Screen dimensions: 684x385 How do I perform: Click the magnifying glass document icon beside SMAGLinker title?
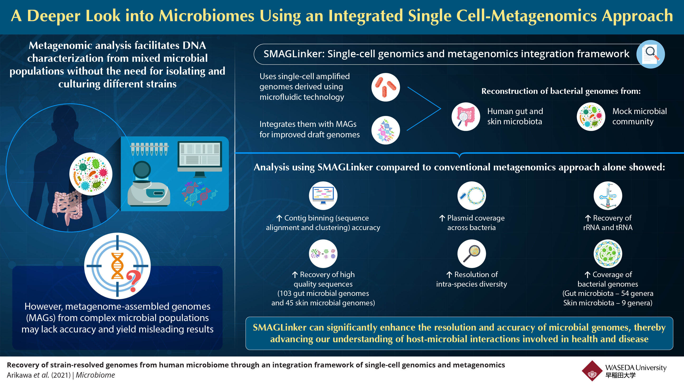tap(651, 54)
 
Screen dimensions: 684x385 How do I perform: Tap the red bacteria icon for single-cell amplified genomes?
tap(385, 87)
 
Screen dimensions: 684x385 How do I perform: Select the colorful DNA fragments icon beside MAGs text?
tap(385, 130)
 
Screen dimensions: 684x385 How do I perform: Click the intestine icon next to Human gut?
tap(466, 117)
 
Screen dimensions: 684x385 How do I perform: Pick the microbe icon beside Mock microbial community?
tap(591, 117)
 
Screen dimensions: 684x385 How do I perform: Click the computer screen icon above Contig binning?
tap(323, 196)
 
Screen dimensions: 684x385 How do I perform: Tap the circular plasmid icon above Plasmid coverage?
tap(472, 196)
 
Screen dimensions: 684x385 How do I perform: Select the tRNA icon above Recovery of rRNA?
tap(608, 196)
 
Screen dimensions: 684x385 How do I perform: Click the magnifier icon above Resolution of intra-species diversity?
tap(472, 254)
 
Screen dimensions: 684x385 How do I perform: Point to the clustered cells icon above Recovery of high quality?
tap(323, 254)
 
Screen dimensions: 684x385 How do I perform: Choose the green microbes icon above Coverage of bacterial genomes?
tap(608, 254)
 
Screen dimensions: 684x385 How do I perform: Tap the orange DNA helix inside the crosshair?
tap(117, 266)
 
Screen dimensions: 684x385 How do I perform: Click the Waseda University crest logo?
tap(592, 371)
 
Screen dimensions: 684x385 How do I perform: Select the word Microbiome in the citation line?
tap(95, 375)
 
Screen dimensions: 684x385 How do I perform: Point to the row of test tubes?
tap(149, 149)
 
